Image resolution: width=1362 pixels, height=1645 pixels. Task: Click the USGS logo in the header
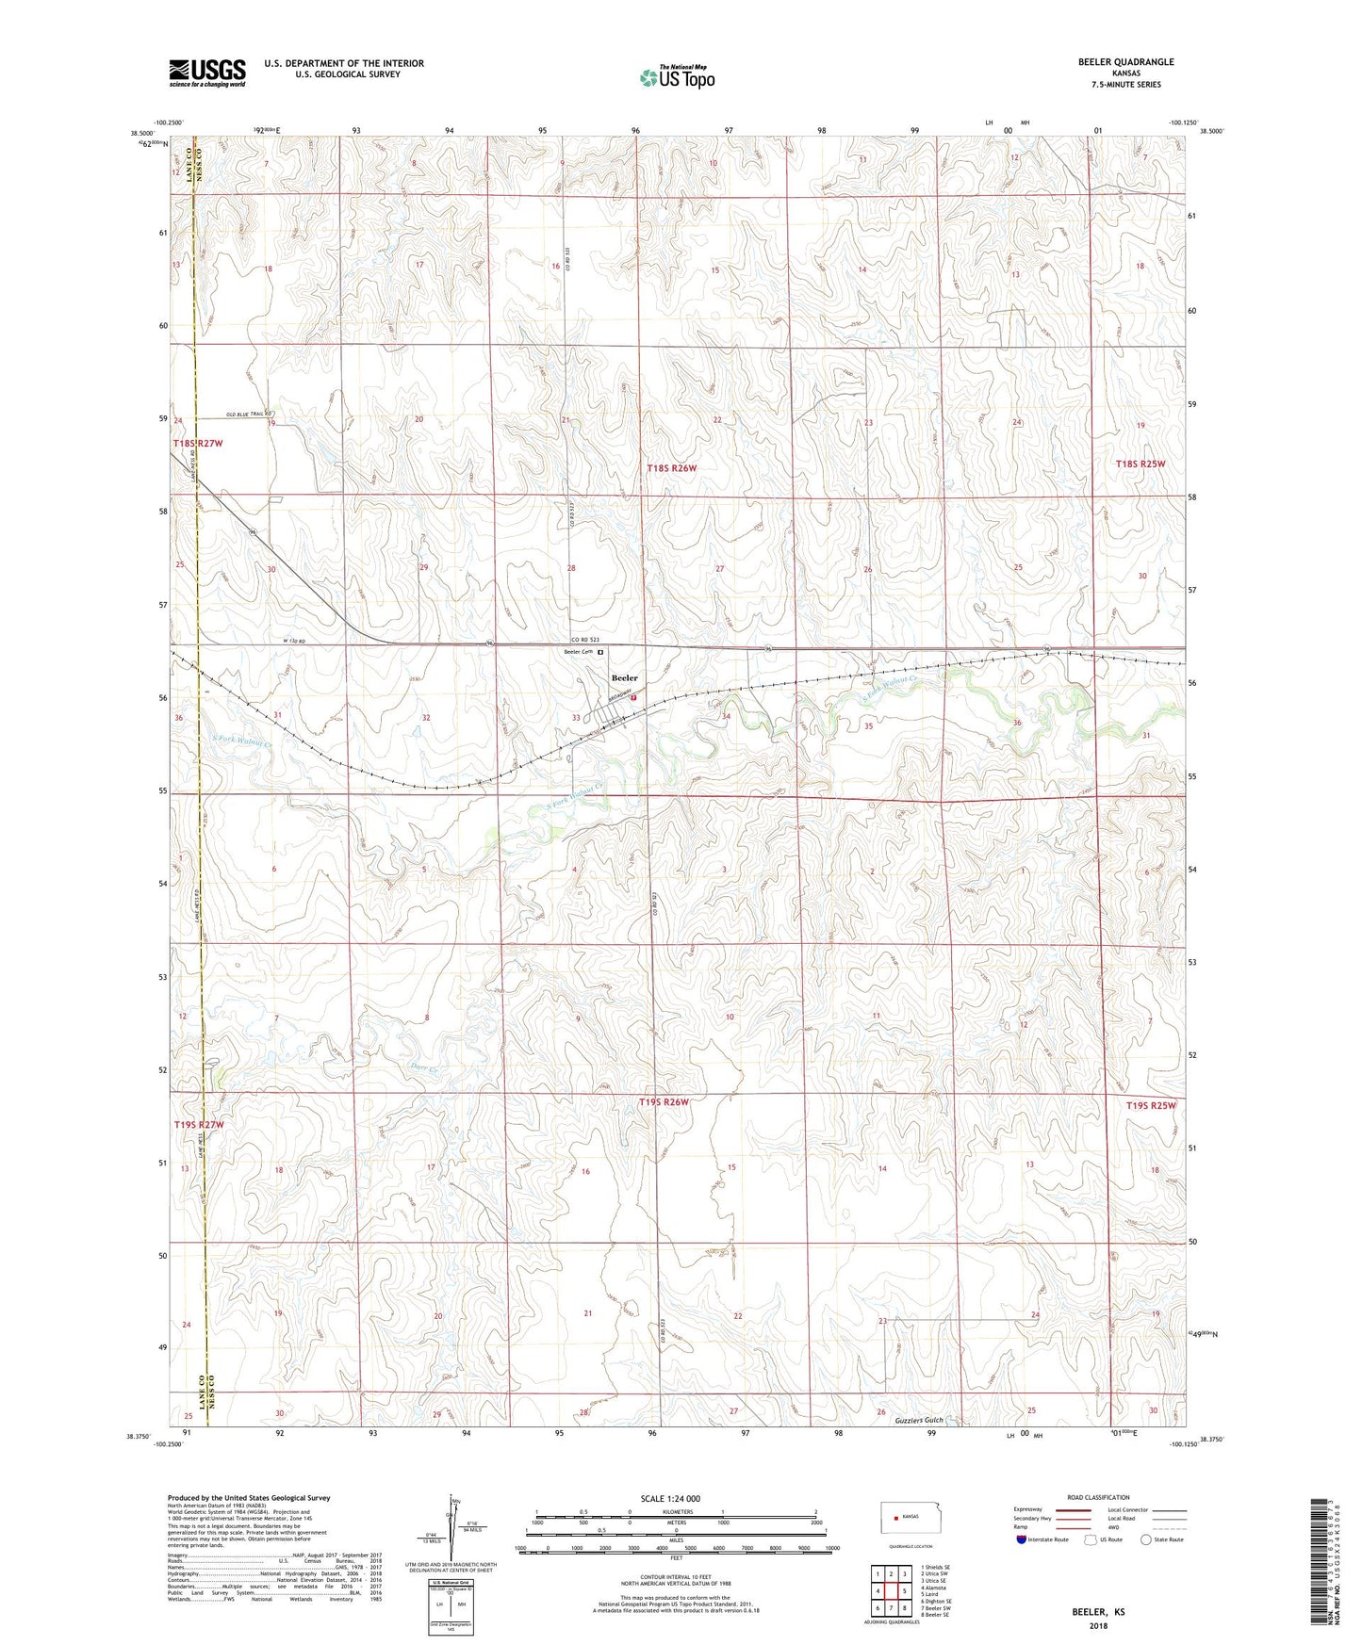(207, 73)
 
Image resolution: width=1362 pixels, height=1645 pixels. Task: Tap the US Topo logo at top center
(676, 78)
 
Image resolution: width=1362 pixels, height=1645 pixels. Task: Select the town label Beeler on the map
(624, 677)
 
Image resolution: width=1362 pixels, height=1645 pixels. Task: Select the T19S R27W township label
(199, 1125)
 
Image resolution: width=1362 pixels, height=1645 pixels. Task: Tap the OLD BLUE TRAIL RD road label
(250, 415)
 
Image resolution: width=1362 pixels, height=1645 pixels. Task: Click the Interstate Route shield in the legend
(1022, 1539)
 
